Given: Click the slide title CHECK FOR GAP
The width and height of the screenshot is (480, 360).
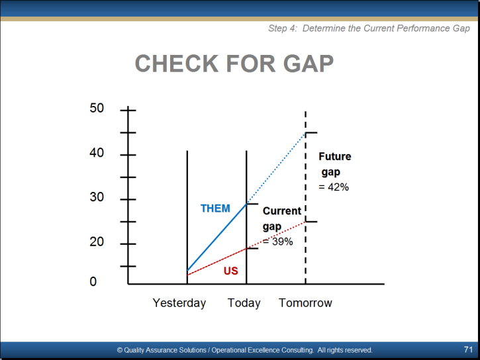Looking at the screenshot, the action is (234, 64).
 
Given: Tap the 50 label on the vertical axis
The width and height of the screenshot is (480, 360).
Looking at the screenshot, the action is (97, 108).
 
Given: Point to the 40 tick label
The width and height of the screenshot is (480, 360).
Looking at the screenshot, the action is (97, 152).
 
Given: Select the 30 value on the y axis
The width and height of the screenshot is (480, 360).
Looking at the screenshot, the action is (97, 197).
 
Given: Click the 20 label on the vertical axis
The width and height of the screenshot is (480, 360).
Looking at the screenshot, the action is (97, 242).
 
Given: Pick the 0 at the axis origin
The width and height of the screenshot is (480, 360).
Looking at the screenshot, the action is (93, 281).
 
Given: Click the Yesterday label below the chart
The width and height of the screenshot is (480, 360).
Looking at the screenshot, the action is (179, 303).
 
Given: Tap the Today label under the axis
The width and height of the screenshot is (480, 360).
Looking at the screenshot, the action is (244, 303).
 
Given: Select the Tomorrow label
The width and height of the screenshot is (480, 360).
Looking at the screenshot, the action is (305, 303).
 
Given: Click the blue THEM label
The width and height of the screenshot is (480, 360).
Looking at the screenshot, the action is (215, 208).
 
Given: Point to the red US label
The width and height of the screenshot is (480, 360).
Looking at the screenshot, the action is (231, 271).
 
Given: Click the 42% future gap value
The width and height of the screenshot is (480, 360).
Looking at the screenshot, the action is (338, 187).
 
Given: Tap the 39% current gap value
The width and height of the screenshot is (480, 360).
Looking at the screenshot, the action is (283, 242).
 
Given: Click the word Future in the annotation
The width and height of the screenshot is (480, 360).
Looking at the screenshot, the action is (335, 156).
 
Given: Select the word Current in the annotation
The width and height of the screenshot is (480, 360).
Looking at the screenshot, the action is (282, 210).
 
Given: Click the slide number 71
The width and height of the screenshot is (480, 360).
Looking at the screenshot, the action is (468, 349).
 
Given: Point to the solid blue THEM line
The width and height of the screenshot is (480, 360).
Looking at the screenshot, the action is (216, 237).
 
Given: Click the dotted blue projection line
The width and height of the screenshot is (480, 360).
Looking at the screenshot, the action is (276, 168).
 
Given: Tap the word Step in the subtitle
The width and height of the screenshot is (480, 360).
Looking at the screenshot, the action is (277, 28).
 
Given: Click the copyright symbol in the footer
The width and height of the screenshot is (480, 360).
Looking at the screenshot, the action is (120, 350).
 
